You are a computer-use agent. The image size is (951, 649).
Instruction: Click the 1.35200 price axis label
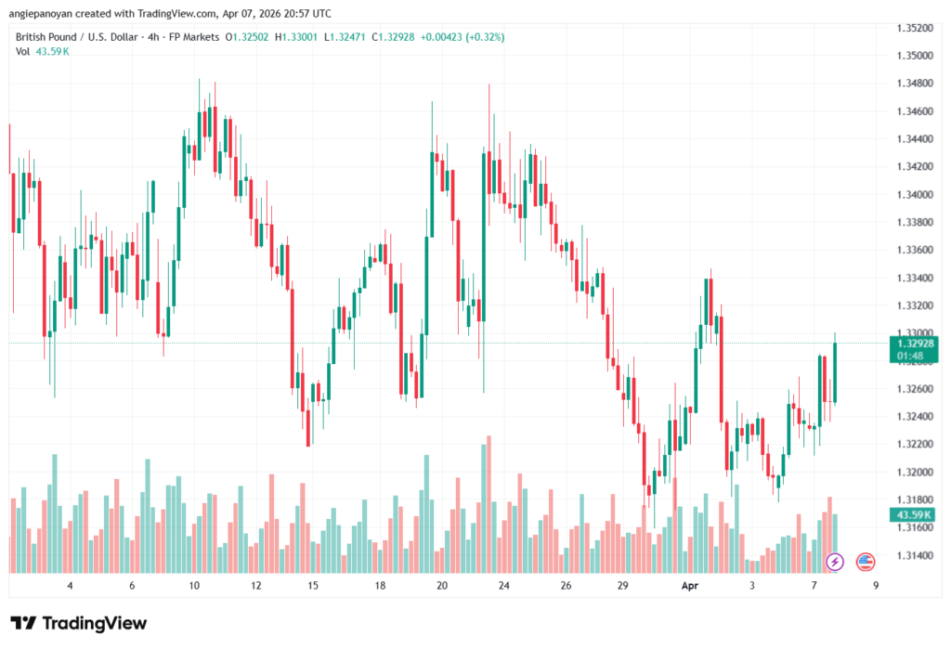[915, 28]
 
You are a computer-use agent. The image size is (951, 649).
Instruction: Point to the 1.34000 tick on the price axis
[915, 194]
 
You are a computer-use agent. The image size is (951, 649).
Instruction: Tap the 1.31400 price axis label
[915, 555]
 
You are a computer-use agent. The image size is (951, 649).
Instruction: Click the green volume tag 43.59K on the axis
[914, 514]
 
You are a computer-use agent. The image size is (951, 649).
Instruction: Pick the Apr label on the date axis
[689, 586]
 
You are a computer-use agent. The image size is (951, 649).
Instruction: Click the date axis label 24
[503, 586]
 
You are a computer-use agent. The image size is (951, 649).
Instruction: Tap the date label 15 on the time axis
[314, 586]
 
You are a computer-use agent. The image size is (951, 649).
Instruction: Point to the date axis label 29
[623, 586]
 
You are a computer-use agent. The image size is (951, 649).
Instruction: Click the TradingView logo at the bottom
[78, 623]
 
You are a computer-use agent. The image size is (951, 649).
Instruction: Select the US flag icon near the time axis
[866, 561]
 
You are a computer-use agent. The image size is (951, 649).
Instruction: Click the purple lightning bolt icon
[835, 561]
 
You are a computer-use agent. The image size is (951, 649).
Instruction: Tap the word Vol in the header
[23, 51]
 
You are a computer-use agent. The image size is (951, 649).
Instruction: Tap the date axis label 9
[876, 586]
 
